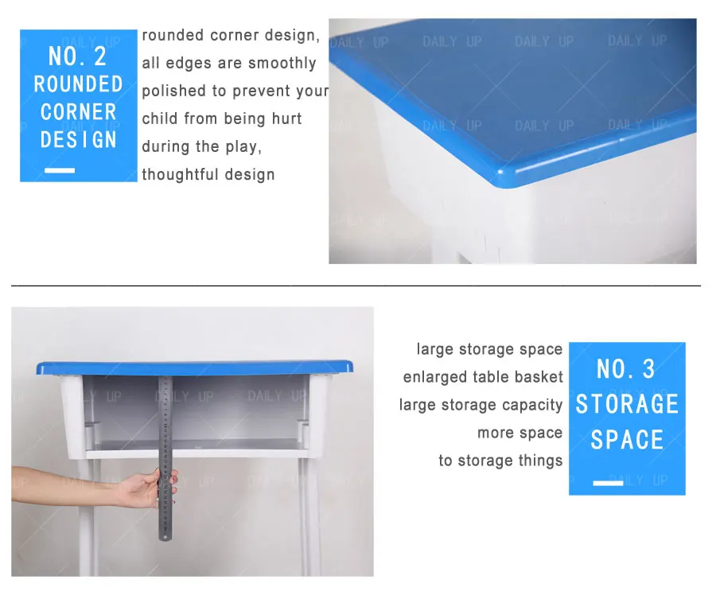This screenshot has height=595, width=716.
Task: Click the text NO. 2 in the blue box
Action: click(78, 56)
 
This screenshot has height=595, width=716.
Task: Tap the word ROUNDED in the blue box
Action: click(78, 84)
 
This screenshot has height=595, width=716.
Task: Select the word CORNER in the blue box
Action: click(78, 111)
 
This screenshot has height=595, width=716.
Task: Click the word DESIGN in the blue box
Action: click(78, 140)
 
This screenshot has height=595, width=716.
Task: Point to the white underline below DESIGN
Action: click(60, 170)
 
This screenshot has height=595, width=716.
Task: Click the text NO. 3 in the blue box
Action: click(626, 369)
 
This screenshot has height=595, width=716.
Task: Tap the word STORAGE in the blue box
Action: click(627, 404)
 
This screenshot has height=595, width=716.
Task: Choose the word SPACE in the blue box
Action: click(627, 440)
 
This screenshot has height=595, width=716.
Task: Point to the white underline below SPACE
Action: click(609, 483)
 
